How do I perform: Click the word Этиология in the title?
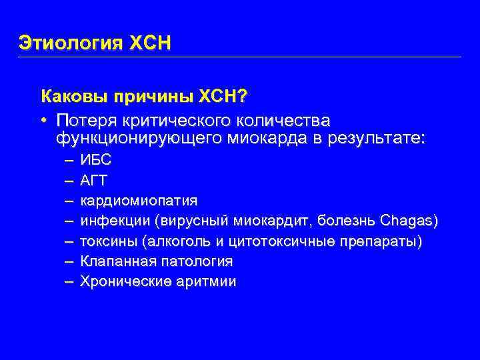pyautogui.click(x=69, y=43)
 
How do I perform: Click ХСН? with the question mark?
pyautogui.click(x=221, y=98)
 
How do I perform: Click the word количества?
pyautogui.click(x=283, y=121)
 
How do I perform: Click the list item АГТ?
pyautogui.click(x=95, y=180)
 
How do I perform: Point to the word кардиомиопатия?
pyautogui.click(x=139, y=201)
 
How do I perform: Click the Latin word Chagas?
pyautogui.click(x=407, y=221)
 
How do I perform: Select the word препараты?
pyautogui.click(x=382, y=241)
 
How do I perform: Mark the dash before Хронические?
pyautogui.click(x=69, y=282)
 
